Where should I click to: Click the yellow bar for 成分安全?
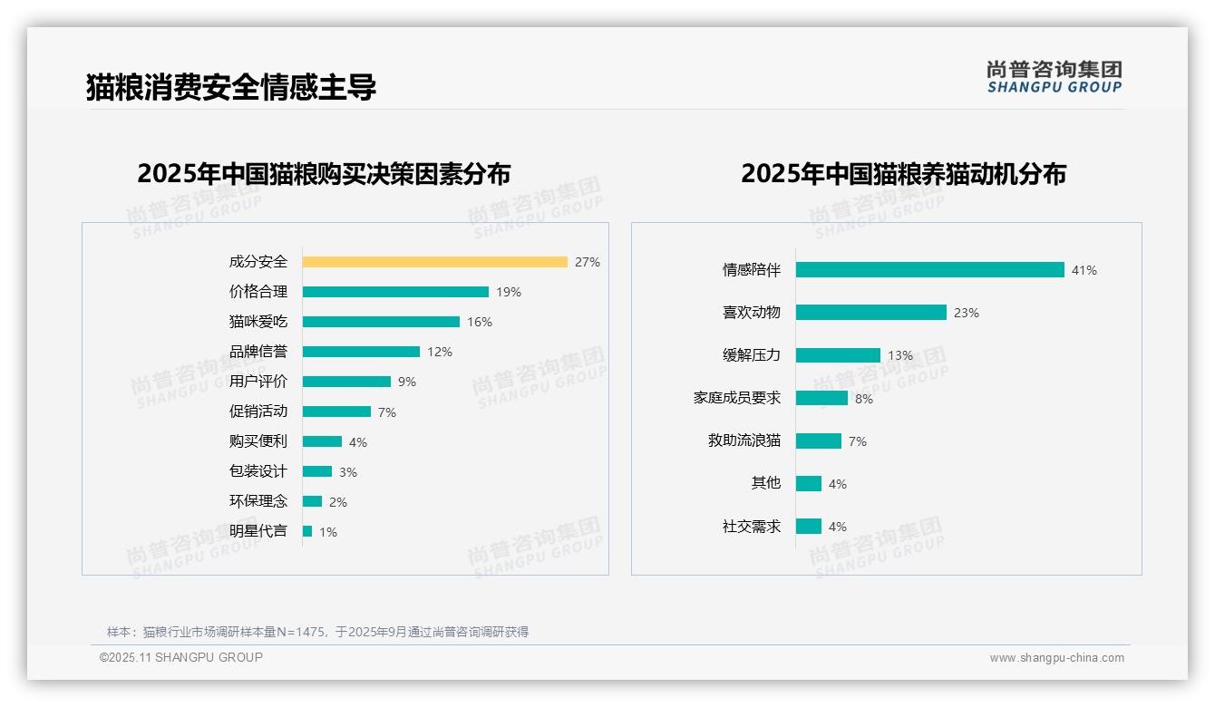click(x=434, y=262)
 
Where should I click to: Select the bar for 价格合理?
click(x=395, y=292)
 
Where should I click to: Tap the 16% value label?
click(x=480, y=322)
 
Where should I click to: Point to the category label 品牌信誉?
click(x=258, y=352)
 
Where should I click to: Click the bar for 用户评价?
click(x=346, y=382)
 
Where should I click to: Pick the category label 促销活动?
click(x=258, y=412)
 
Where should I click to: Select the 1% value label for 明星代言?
click(x=328, y=532)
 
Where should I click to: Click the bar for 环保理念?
click(x=312, y=501)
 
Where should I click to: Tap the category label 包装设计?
click(x=258, y=471)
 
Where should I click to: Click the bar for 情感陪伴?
click(x=929, y=270)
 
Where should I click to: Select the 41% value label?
click(x=1084, y=270)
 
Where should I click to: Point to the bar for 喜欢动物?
click(x=870, y=313)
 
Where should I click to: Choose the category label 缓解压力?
click(x=751, y=355)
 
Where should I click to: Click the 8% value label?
click(x=864, y=399)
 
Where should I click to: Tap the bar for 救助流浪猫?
click(x=819, y=441)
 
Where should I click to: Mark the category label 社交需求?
click(x=751, y=527)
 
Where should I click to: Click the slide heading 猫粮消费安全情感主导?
click(x=231, y=87)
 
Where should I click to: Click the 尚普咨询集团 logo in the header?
click(x=1055, y=77)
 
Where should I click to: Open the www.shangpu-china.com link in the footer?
click(x=1056, y=658)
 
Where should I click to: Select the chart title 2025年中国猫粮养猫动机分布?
click(x=903, y=174)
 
